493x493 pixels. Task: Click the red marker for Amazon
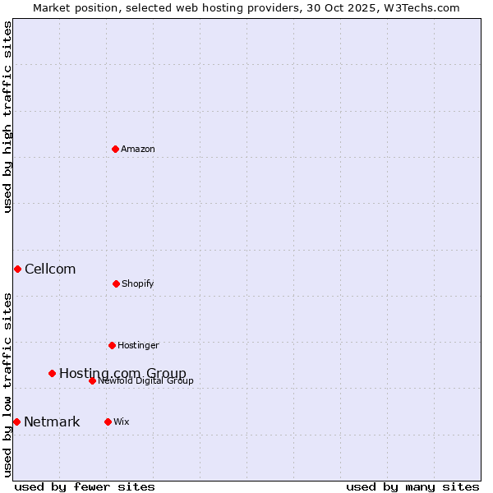[115, 149]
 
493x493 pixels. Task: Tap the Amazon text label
[138, 150]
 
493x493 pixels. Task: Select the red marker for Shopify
[116, 283]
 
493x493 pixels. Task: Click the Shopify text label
[138, 284]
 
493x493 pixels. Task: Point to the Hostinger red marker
[112, 345]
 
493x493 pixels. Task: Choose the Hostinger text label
[138, 346]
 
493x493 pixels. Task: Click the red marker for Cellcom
[17, 269]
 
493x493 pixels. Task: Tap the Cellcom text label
[50, 270]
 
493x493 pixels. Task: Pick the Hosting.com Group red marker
[52, 373]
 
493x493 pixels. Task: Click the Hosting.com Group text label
[122, 374]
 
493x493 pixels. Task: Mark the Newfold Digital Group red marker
[92, 380]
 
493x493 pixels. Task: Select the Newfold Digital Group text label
[146, 381]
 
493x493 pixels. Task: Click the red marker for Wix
[108, 422]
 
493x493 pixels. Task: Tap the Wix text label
[122, 422]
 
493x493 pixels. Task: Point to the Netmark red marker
[16, 422]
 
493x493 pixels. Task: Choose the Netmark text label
[52, 422]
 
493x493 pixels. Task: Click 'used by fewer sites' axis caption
[85, 486]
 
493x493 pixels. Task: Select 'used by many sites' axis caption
[412, 486]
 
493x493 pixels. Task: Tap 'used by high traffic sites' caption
[7, 117]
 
